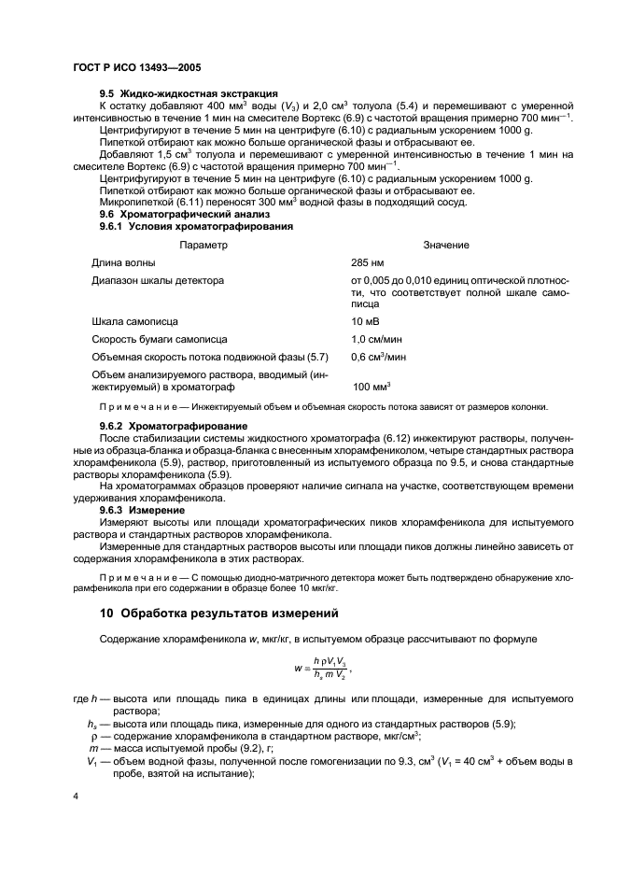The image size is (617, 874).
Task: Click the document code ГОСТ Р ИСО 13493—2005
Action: (136, 70)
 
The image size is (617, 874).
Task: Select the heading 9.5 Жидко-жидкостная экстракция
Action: (189, 93)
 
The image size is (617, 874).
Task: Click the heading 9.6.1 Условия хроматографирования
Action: (196, 226)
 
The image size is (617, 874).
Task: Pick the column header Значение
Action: (445, 245)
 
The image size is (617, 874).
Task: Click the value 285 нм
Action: (367, 262)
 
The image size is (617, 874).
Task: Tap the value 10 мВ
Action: (365, 321)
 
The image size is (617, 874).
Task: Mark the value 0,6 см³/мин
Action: (378, 357)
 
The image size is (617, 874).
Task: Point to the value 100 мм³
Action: (371, 386)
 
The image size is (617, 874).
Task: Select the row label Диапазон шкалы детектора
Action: (157, 280)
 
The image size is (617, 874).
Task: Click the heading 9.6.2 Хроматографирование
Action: (175, 426)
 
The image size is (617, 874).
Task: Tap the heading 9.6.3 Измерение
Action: (146, 511)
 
